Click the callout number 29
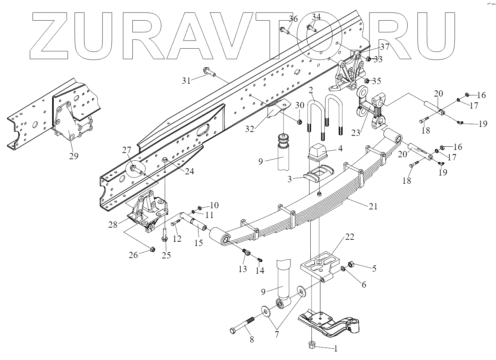click(x=74, y=156)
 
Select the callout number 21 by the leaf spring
click(x=373, y=207)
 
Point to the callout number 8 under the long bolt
click(x=252, y=339)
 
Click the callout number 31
click(x=186, y=81)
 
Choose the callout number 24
click(x=189, y=171)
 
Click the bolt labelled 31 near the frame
click(x=209, y=72)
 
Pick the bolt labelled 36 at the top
click(x=285, y=30)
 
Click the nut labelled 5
click(x=350, y=264)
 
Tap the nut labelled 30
click(x=299, y=122)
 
